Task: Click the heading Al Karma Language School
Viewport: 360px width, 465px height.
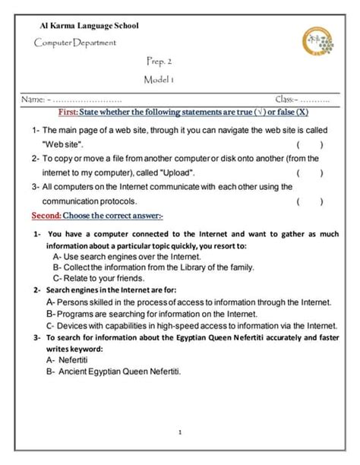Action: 89,27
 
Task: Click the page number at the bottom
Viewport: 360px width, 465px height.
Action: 180,433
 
